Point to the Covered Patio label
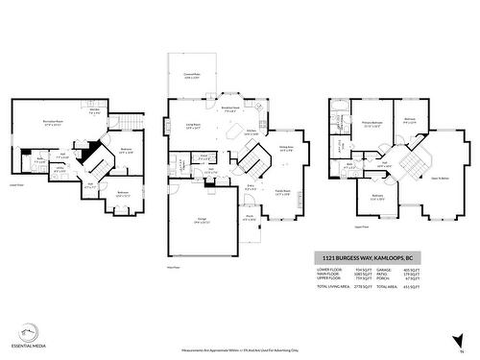[192, 75]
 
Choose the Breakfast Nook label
[230, 108]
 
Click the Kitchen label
[251, 132]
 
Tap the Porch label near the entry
[250, 216]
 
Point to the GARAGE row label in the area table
[384, 271]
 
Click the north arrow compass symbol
[460, 338]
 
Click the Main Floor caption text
[174, 268]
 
